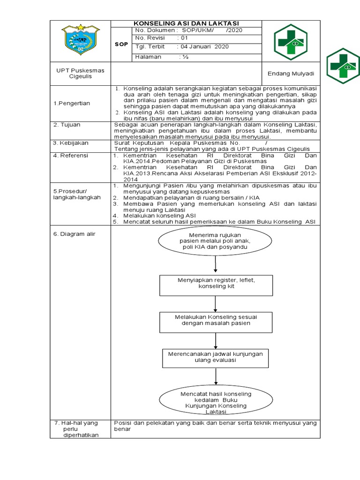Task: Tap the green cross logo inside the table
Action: (291, 40)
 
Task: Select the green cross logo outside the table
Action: (343, 66)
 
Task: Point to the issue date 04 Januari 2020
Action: (202, 47)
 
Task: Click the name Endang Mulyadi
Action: (291, 74)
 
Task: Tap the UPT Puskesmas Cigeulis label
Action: (81, 73)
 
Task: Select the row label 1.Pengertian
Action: (75, 103)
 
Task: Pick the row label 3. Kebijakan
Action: (71, 142)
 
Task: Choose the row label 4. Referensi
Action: (71, 155)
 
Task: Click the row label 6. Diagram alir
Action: (75, 233)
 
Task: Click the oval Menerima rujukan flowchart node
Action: (215, 240)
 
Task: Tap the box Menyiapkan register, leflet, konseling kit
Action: (216, 286)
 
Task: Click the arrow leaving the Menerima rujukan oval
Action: (215, 264)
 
